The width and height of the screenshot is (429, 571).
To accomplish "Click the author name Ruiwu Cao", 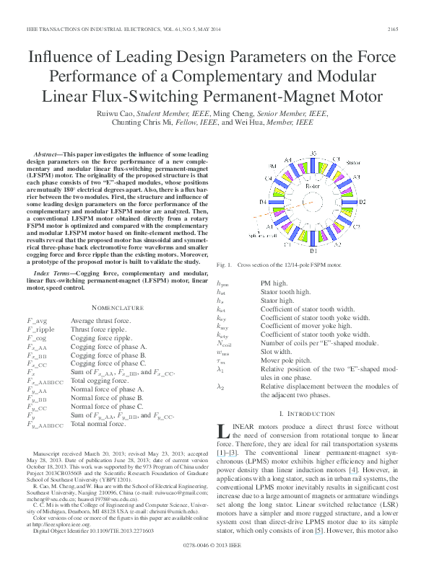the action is point(115,114).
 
